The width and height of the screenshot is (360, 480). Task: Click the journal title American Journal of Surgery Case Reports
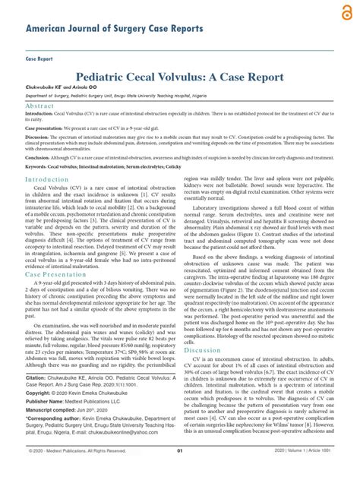115,29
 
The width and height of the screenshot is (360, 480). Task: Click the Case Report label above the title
39,58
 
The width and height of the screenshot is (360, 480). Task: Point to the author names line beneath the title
60,88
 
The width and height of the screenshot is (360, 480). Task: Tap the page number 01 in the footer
180,471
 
